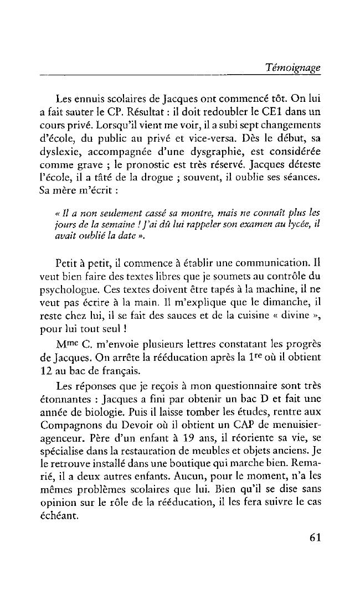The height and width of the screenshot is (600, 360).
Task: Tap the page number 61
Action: [312, 537]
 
